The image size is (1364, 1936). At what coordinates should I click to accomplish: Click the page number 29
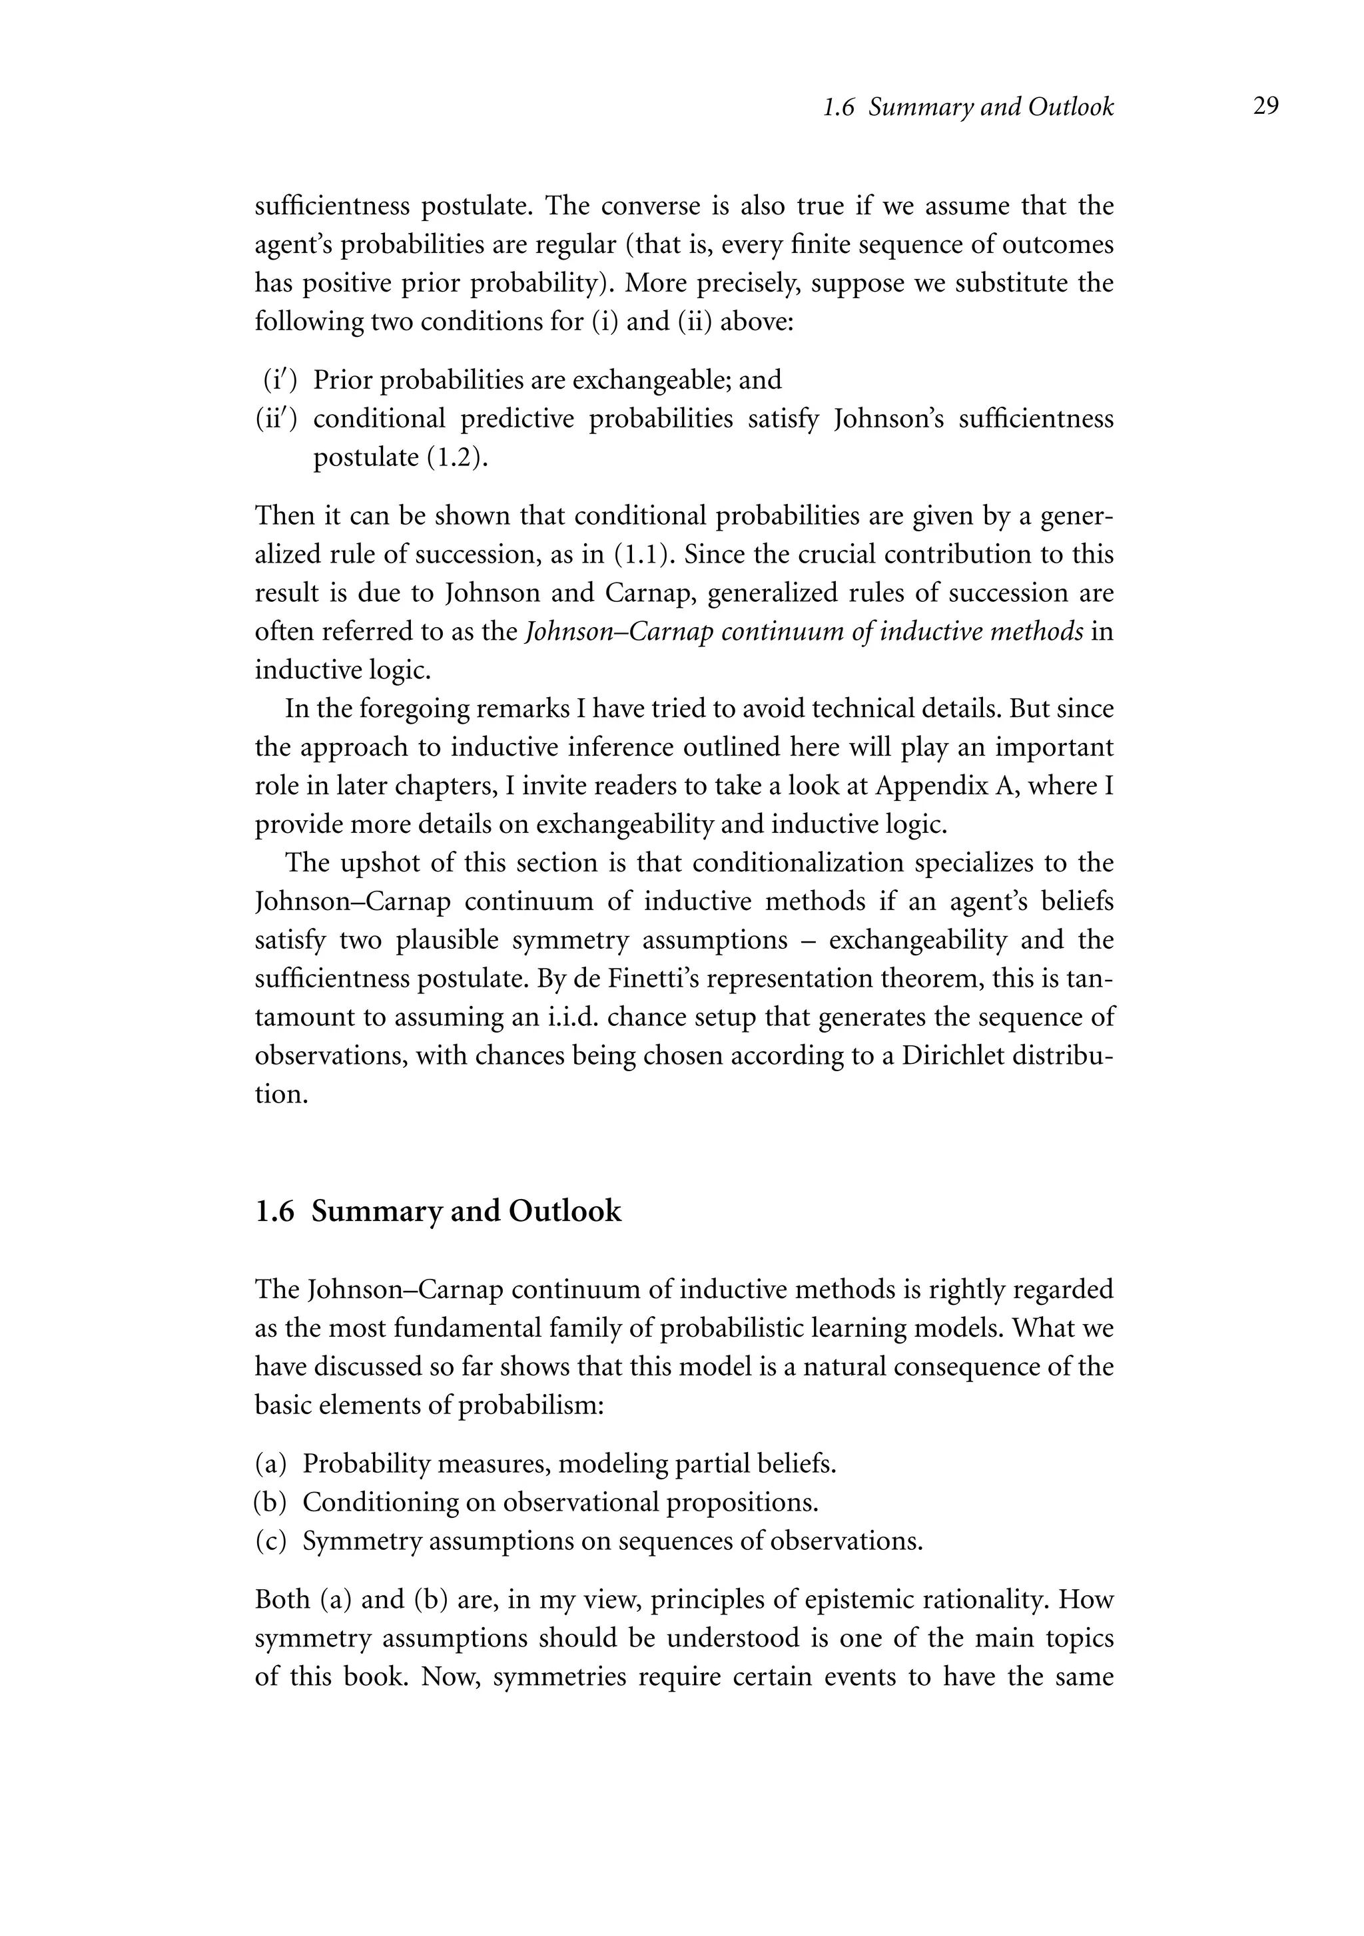tap(1265, 107)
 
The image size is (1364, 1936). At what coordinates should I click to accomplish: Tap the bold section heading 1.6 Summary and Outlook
tap(438, 1211)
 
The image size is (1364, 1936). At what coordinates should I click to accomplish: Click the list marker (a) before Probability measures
tap(271, 1464)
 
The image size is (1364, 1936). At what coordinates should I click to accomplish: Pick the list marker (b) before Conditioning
tap(271, 1503)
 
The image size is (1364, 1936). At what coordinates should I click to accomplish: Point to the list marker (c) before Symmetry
tap(271, 1541)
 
